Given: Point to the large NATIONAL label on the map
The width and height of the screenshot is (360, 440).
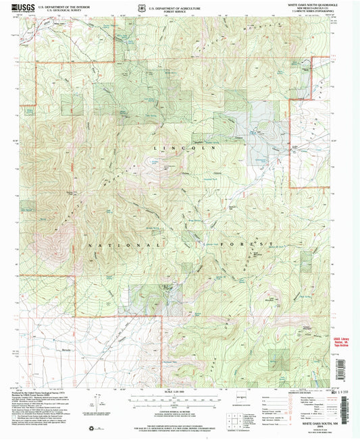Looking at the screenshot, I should click(124, 244).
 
